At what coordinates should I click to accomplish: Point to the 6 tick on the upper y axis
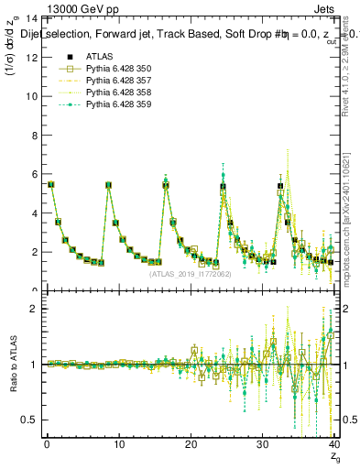tap(34, 174)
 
